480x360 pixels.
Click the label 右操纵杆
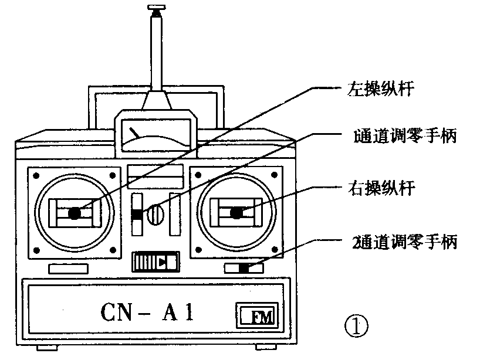click(x=381, y=189)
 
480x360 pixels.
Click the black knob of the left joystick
click(x=75, y=213)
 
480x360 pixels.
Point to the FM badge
click(x=258, y=317)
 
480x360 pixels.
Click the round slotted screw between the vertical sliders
click(x=154, y=215)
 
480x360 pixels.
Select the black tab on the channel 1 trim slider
click(x=137, y=215)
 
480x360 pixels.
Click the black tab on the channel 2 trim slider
click(x=244, y=268)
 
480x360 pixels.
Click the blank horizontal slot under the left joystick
click(x=68, y=269)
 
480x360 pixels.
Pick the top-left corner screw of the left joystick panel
click(x=36, y=175)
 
